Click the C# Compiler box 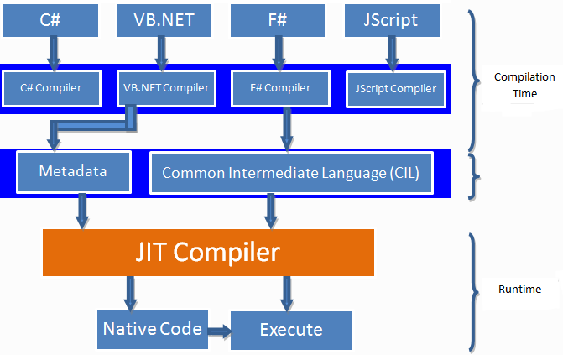[52, 88]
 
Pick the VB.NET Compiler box [166, 88]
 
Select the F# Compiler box [280, 88]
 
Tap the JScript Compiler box [396, 88]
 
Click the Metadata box [74, 172]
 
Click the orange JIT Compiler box [208, 251]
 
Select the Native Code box [152, 328]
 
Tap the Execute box [290, 330]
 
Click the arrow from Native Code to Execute [217, 329]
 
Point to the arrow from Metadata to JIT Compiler [82, 211]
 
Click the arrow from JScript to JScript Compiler [389, 53]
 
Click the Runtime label [519, 290]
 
